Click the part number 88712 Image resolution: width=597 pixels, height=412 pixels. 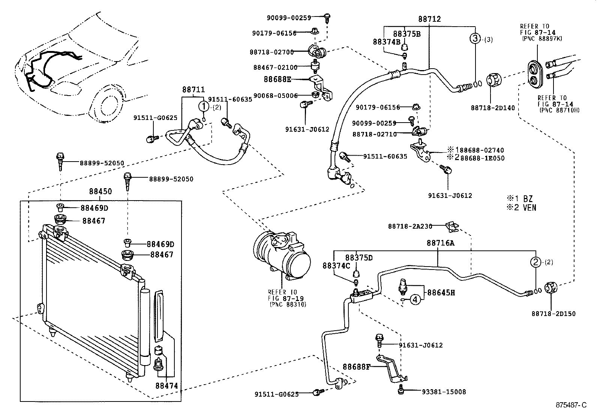pyautogui.click(x=429, y=19)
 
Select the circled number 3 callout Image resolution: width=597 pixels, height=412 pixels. pyautogui.click(x=475, y=39)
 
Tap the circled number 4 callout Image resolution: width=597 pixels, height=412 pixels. pyautogui.click(x=415, y=300)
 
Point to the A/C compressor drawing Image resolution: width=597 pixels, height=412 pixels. pyautogui.click(x=282, y=256)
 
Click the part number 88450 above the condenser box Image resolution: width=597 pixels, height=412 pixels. pyautogui.click(x=100, y=191)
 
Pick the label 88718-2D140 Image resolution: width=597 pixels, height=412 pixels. pyautogui.click(x=493, y=108)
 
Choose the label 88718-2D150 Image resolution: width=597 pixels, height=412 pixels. pyautogui.click(x=553, y=314)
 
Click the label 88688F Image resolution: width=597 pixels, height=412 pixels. pyautogui.click(x=356, y=367)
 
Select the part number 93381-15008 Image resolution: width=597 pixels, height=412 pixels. pyautogui.click(x=444, y=392)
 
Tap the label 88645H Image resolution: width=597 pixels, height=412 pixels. pyautogui.click(x=441, y=293)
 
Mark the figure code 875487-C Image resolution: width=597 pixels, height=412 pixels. pyautogui.click(x=571, y=405)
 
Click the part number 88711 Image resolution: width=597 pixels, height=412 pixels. pyautogui.click(x=193, y=90)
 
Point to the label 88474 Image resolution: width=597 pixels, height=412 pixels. pyautogui.click(x=166, y=386)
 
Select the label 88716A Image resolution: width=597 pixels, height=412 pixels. pyautogui.click(x=441, y=243)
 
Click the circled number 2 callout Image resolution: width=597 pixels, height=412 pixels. pyautogui.click(x=535, y=262)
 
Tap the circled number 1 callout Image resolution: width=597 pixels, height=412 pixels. pyautogui.click(x=204, y=106)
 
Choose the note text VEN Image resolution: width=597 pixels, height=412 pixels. pyautogui.click(x=529, y=207)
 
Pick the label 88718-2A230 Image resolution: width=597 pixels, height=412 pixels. pyautogui.click(x=410, y=226)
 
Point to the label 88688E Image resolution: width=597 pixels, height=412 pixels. pyautogui.click(x=277, y=79)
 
